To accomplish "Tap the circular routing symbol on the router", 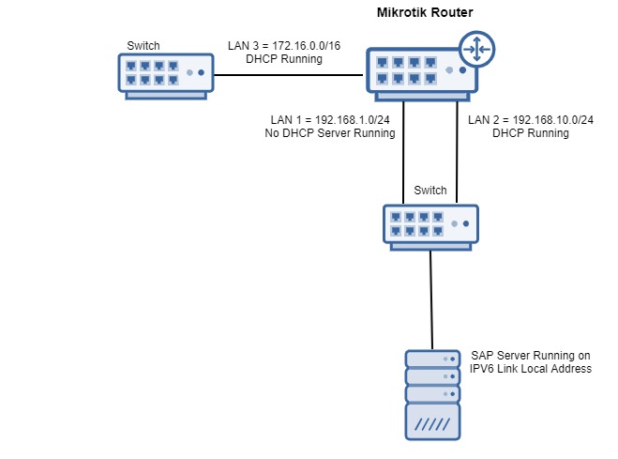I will click(476, 51).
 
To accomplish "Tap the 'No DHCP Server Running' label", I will click(330, 133).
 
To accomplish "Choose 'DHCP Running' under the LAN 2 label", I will click(531, 133).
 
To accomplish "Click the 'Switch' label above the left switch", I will click(143, 45).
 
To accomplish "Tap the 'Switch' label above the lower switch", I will click(430, 191).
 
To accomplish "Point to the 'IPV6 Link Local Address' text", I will click(531, 369).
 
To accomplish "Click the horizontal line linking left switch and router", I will click(291, 76).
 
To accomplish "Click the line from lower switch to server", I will click(431, 300).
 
